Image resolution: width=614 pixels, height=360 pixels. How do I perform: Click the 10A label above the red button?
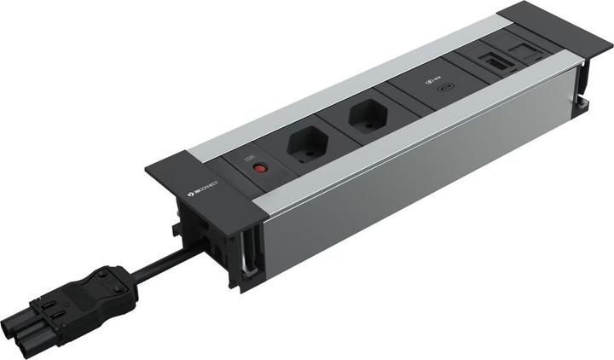[250, 158]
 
